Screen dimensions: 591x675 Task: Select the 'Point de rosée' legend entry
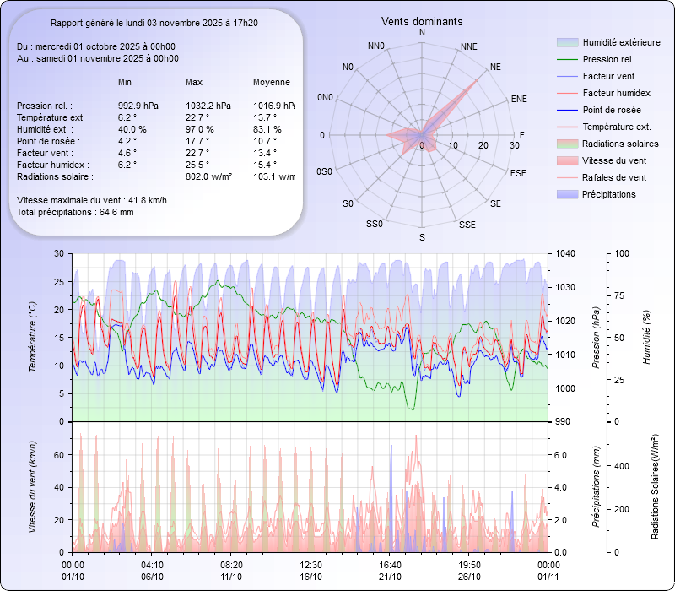(611, 111)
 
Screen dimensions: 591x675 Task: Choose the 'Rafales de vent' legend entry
(614, 177)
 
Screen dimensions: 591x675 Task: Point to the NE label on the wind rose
(495, 67)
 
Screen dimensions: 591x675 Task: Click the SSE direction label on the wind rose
(467, 225)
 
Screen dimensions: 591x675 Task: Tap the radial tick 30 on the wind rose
(514, 145)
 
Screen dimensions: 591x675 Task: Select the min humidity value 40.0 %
(132, 129)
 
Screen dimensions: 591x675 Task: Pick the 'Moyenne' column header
(272, 82)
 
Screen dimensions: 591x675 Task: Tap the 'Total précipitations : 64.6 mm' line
(75, 211)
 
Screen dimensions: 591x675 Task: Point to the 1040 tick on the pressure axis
(565, 253)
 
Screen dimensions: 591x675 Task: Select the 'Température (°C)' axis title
(32, 338)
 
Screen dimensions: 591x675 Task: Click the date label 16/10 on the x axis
(311, 577)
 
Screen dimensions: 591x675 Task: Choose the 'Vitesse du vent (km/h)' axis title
(32, 486)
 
